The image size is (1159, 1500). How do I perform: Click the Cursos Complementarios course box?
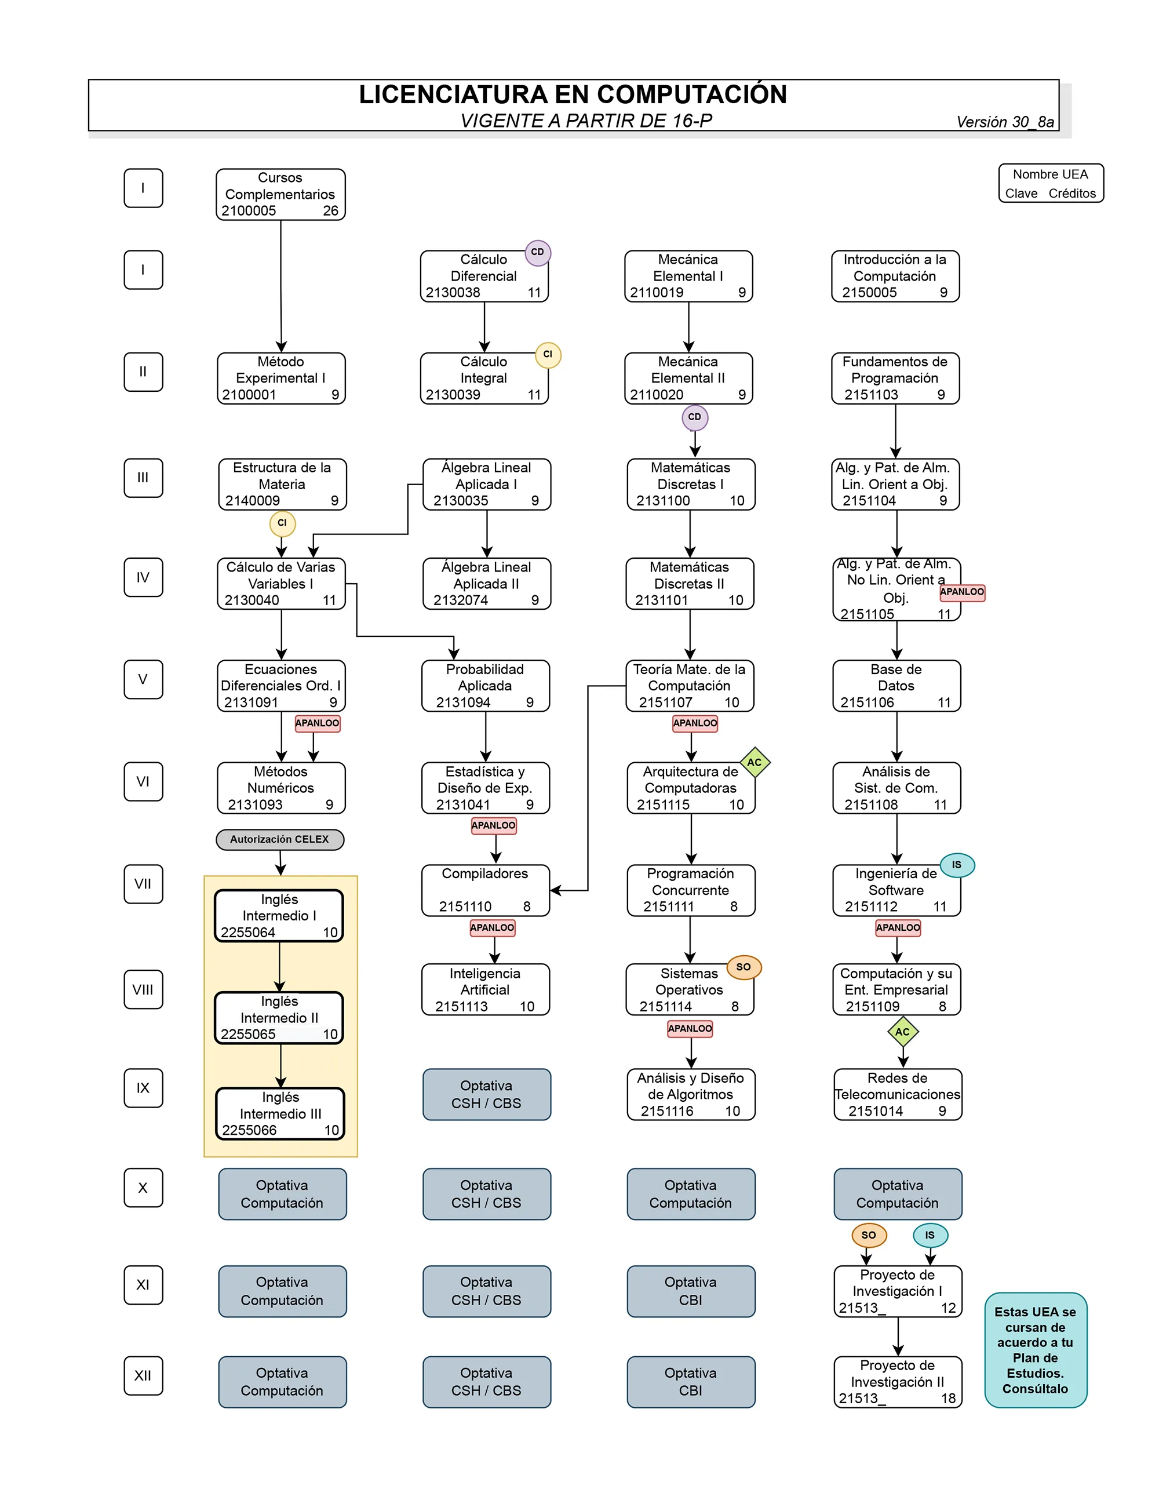click(x=280, y=194)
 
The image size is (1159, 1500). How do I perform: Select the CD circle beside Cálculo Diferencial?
click(x=538, y=252)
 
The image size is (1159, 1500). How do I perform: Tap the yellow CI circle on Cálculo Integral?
click(x=548, y=354)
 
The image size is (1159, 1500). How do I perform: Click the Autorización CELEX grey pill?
click(x=279, y=839)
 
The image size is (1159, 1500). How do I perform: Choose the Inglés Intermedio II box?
click(x=279, y=1018)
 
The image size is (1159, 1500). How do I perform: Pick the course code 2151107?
click(x=665, y=702)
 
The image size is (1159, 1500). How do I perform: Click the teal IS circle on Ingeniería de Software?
click(x=956, y=865)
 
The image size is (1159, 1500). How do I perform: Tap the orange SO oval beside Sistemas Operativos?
click(x=743, y=967)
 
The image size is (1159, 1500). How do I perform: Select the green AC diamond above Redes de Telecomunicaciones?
click(x=902, y=1032)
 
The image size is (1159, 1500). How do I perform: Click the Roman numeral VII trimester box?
click(x=143, y=884)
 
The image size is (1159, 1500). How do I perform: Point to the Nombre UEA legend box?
click(x=1051, y=183)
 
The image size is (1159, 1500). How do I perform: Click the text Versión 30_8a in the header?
click(x=1004, y=122)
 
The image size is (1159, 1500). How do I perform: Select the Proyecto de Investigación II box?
click(x=898, y=1382)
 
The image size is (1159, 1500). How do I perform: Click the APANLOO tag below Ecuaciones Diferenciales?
click(x=317, y=723)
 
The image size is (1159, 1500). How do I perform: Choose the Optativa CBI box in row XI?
click(x=691, y=1291)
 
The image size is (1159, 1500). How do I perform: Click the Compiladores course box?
click(x=486, y=890)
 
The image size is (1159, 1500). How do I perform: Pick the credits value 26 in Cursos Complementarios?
click(x=330, y=211)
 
